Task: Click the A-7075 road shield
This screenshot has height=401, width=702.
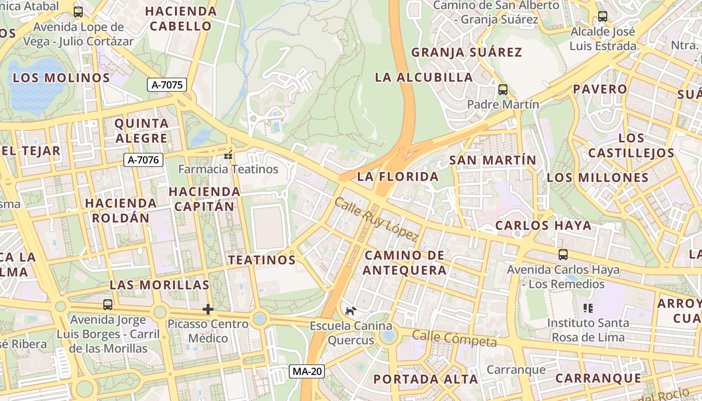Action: coord(167,85)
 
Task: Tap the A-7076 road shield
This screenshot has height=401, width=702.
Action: coord(144,160)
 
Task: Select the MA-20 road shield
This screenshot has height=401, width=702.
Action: coord(307,371)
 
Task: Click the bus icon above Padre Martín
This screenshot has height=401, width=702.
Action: coord(502,90)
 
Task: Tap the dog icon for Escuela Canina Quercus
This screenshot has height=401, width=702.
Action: coord(350,311)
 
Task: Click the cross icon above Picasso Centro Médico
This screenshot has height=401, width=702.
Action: coord(208,309)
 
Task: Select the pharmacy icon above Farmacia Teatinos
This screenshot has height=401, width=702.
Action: coord(229,155)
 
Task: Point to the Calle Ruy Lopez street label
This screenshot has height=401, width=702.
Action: coord(376,219)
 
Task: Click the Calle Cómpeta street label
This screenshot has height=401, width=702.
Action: coord(454,338)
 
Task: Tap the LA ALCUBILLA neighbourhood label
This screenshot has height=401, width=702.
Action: coord(424,77)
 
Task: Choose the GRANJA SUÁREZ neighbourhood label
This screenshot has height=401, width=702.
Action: coord(466,52)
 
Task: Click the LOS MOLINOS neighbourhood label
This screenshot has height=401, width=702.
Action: coord(61,78)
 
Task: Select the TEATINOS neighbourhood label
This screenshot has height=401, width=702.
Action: coord(262,260)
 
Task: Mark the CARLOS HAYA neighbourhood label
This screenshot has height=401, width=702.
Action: coord(544,226)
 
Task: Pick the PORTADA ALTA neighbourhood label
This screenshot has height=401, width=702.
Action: coord(426,379)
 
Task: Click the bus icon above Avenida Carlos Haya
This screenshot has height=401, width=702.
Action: coord(563,255)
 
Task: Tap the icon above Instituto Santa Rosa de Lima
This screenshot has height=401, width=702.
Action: coord(588,308)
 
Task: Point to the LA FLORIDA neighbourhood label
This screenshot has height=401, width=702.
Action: coord(398,176)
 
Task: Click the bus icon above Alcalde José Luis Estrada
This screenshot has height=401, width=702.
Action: coord(603,17)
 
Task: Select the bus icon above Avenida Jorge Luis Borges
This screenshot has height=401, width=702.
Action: coord(108,304)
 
